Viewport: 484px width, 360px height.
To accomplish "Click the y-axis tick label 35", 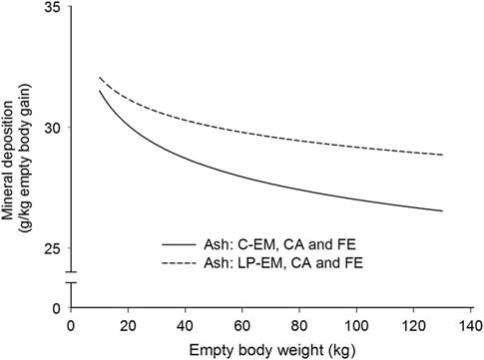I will (52, 9).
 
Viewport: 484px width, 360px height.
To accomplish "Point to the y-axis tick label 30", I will (52, 129).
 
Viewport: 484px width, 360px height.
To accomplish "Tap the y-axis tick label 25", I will (52, 248).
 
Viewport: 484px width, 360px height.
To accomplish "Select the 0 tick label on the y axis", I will (56, 309).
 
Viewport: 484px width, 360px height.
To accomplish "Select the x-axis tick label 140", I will (471, 326).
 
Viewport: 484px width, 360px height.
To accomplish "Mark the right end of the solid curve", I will (441, 210).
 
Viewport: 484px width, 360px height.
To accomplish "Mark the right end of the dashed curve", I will (441, 156).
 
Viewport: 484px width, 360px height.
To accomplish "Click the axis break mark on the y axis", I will (70, 277).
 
